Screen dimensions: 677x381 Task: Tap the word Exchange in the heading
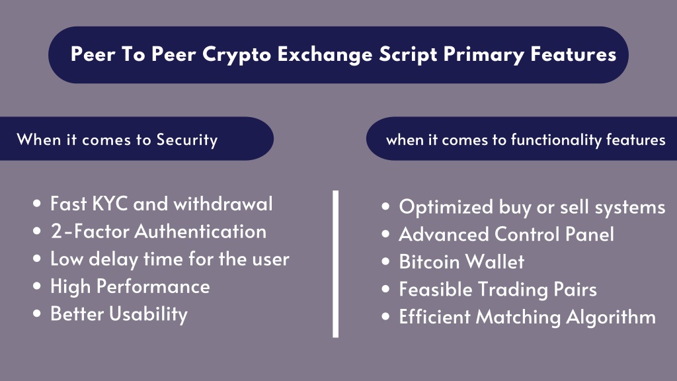pos(325,54)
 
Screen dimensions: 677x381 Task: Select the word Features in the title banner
pos(573,54)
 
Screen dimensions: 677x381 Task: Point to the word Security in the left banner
pos(187,140)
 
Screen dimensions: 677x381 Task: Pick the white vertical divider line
pos(335,263)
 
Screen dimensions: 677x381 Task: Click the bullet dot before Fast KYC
pos(37,204)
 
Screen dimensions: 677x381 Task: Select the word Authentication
pos(201,232)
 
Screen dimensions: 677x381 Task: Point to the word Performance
pos(153,286)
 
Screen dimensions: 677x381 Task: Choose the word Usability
pos(149,314)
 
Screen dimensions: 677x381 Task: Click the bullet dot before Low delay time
pos(37,259)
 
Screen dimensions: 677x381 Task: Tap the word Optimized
pos(446,207)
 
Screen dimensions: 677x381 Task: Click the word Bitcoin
pos(429,262)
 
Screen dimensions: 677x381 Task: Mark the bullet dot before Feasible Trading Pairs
pos(385,288)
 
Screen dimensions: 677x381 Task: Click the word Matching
pos(518,317)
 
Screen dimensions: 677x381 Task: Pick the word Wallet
pos(495,262)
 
